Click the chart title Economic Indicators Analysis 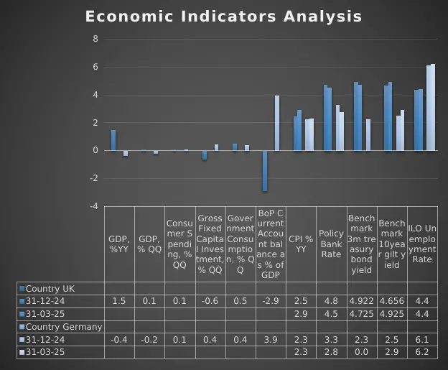point(223,17)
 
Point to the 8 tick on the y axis point(95,39)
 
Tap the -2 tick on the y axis point(93,179)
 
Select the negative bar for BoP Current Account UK point(265,171)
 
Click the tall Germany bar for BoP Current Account point(276,123)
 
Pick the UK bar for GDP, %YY point(113,140)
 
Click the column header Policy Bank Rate point(331,244)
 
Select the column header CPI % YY point(301,244)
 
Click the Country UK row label point(50,288)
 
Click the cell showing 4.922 point(361,301)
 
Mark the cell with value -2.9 point(271,301)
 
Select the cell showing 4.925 point(392,314)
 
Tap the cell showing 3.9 point(271,340)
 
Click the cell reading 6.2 point(422,353)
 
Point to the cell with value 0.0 point(361,353)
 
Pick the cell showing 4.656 point(392,301)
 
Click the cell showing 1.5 point(119,301)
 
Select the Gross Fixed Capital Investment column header point(210,244)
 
